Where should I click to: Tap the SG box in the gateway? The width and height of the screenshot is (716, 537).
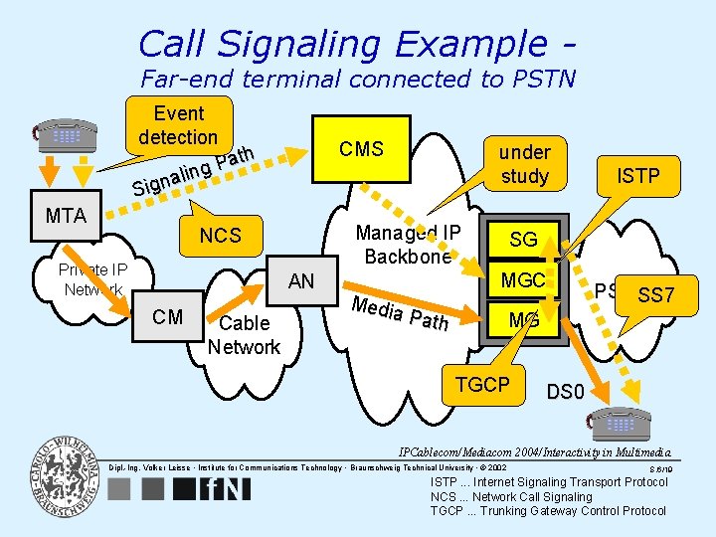tap(523, 240)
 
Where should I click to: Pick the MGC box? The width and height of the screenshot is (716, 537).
tap(523, 280)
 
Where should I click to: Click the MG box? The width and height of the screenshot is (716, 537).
tap(523, 320)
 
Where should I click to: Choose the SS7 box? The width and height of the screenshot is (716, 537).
tap(656, 294)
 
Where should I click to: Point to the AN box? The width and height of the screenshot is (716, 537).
tap(300, 281)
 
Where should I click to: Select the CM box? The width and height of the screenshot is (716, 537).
tap(168, 317)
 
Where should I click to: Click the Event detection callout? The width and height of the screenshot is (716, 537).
tap(178, 125)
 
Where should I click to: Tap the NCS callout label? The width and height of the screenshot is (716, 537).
tap(221, 236)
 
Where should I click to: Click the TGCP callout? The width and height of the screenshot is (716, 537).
tap(481, 385)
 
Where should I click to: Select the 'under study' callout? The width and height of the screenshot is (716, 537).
tap(524, 164)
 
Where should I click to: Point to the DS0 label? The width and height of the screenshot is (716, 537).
tap(565, 392)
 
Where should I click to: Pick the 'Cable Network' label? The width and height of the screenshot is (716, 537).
tap(244, 335)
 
